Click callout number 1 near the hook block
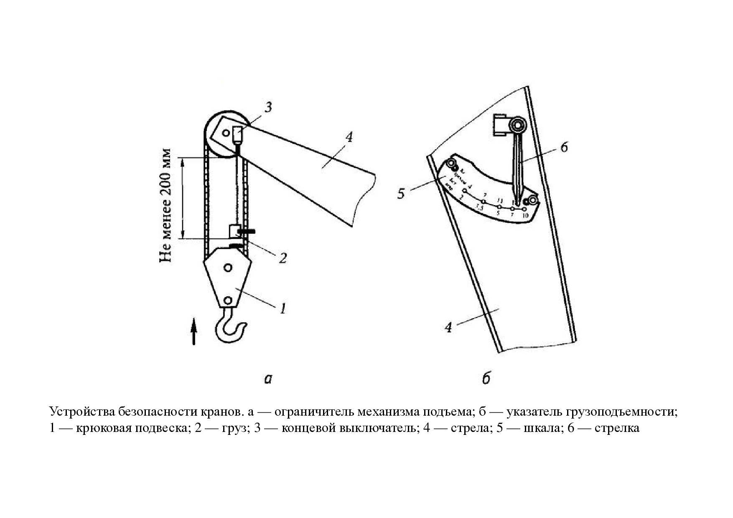[x=283, y=309]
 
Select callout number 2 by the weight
[x=283, y=258]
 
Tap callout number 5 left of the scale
[x=401, y=194]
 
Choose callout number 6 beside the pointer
[x=564, y=147]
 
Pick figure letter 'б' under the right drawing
[x=485, y=379]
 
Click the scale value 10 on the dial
[x=525, y=215]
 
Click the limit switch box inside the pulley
[x=237, y=134]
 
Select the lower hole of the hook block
[x=228, y=300]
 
